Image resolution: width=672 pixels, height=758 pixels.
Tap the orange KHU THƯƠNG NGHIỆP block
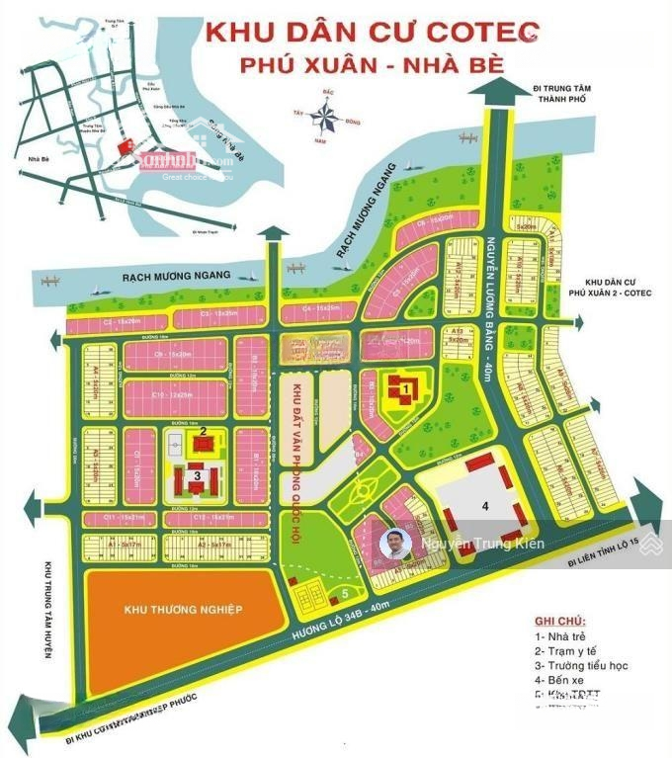pyautogui.click(x=183, y=610)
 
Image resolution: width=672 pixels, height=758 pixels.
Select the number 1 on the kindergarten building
pyautogui.click(x=405, y=390)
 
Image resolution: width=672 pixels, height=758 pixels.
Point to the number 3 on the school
pyautogui.click(x=198, y=475)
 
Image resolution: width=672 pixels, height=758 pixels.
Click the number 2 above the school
pyautogui.click(x=202, y=431)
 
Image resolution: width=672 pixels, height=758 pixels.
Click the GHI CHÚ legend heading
pyautogui.click(x=558, y=621)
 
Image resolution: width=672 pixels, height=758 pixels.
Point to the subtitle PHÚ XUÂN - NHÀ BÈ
pyautogui.click(x=372, y=65)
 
